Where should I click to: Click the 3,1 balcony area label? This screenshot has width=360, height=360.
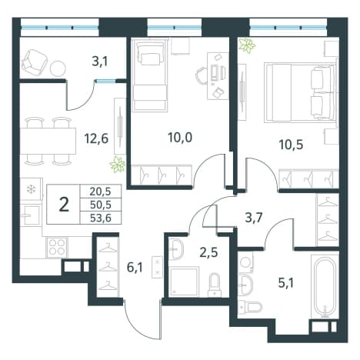coord(100,62)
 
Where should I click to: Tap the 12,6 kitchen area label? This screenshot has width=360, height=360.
coord(96,138)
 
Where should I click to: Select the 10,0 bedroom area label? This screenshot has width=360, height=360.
coord(180,138)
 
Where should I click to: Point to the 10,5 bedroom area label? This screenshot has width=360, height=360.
coord(292,145)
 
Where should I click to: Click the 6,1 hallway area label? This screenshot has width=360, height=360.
coord(135,268)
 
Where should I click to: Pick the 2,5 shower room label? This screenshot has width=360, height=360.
coord(209,252)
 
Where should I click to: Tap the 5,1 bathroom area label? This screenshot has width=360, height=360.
coord(285,283)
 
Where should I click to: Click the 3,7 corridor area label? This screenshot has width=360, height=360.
coord(254,218)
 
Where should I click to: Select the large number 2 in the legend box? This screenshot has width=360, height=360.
coord(64,205)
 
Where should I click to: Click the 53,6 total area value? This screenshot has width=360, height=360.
coord(101,218)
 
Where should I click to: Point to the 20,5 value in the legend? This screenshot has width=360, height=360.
coord(101,192)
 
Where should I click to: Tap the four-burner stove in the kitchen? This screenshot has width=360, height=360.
coord(57,247)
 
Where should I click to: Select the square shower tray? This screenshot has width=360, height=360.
coord(184,282)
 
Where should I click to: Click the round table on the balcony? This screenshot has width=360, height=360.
coord(58,68)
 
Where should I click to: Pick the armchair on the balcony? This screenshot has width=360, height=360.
coord(35,62)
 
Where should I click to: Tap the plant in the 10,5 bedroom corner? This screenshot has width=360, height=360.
coord(247,45)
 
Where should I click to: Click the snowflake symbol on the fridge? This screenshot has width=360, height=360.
coord(32,190)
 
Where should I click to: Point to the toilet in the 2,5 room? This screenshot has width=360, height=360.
coord(215,285)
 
